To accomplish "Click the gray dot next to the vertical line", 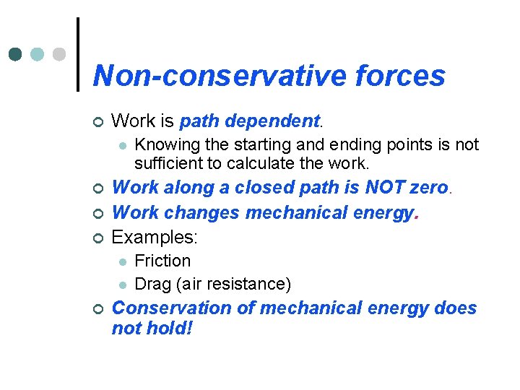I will (60, 54).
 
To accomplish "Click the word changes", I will (205, 212).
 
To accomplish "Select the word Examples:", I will (155, 237).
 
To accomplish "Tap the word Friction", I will (162, 261).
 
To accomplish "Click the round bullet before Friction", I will (123, 261).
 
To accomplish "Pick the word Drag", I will (153, 284).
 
